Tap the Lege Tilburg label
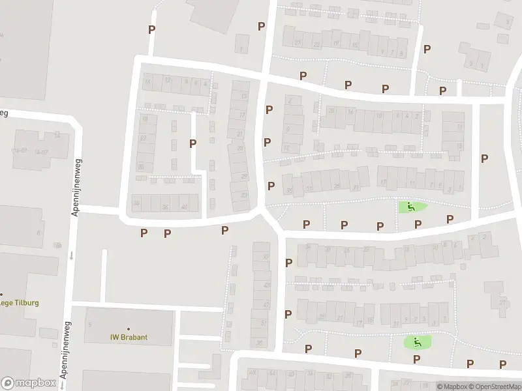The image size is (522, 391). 20,302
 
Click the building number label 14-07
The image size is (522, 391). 42,152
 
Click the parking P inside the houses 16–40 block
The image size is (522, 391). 192,143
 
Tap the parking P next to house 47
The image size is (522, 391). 288,314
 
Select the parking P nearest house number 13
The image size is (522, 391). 268,110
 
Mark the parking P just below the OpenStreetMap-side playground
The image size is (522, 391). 416,358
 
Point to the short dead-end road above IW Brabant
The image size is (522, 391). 104,274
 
